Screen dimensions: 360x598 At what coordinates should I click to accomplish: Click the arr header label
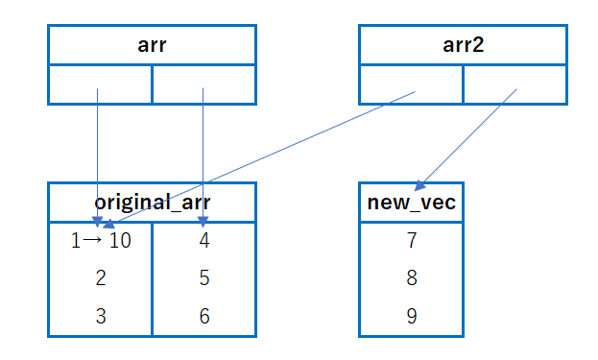(x=152, y=44)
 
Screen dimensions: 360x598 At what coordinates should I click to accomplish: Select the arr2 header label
(x=463, y=44)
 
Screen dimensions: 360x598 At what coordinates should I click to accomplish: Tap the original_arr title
(x=152, y=203)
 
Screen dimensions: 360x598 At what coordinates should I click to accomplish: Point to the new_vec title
(x=411, y=203)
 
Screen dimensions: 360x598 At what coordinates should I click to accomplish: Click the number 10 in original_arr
(x=119, y=240)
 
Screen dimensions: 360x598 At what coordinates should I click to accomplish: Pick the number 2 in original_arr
(x=100, y=278)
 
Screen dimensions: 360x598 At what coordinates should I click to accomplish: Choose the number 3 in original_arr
(x=100, y=317)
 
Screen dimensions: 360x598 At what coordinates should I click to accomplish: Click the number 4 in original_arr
(x=203, y=240)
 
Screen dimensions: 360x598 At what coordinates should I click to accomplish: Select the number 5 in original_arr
(x=203, y=278)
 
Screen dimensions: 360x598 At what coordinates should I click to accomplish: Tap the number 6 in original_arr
(x=203, y=317)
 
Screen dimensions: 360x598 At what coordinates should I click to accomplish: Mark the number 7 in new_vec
(x=411, y=240)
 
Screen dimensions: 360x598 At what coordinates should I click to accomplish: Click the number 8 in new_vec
(x=411, y=278)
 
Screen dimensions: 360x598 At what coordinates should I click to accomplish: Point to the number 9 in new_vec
(x=411, y=317)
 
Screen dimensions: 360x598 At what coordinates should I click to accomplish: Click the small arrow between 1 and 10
(x=93, y=240)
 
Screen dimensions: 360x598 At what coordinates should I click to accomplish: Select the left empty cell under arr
(x=100, y=84)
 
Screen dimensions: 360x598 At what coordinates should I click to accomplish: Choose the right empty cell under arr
(x=203, y=84)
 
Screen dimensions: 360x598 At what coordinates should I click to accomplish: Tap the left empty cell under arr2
(x=411, y=84)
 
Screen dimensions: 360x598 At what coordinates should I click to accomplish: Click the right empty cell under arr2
(x=514, y=84)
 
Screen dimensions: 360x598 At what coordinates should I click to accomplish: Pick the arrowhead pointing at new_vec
(x=419, y=186)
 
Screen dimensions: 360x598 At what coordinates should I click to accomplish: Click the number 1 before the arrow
(x=77, y=240)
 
